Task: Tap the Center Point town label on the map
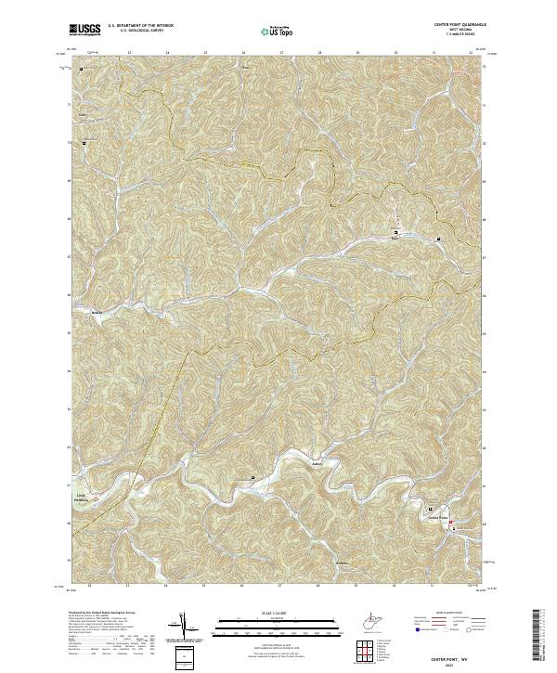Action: tap(437, 518)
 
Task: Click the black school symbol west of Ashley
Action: tap(253, 477)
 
